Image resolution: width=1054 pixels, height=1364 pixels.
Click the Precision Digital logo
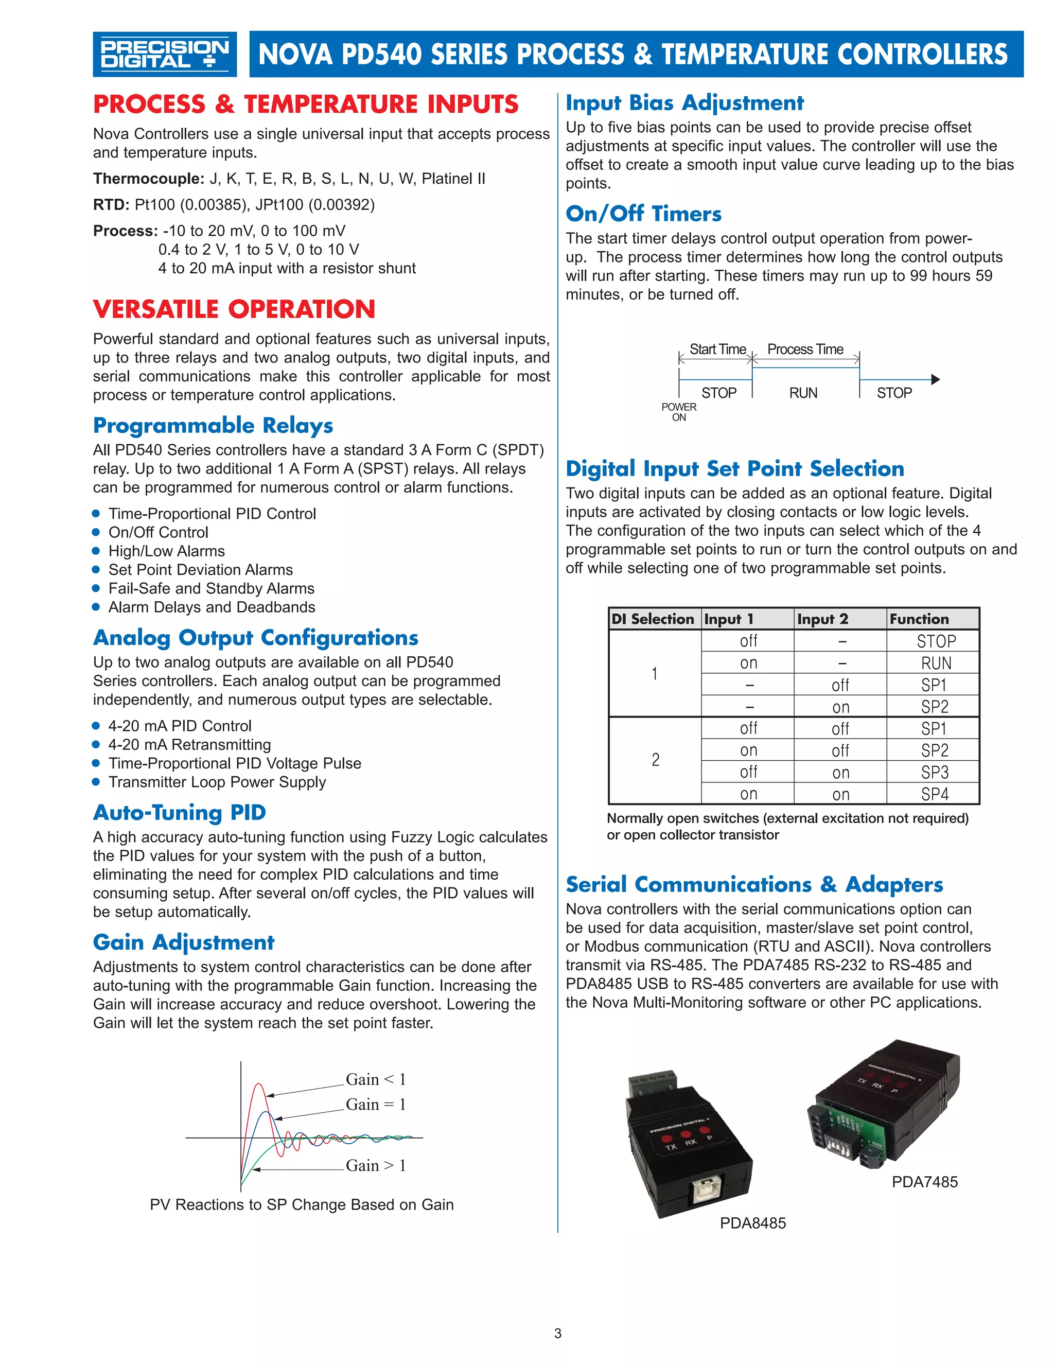[164, 55]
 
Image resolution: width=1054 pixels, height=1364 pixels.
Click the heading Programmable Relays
[213, 425]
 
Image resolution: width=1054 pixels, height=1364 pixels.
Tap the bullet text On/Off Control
[158, 532]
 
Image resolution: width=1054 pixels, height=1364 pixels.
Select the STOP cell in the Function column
[935, 641]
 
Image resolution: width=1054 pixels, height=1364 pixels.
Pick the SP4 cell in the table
[934, 794]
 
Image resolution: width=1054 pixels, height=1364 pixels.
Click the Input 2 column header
[822, 619]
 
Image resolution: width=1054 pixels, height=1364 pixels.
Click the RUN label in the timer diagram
[803, 393]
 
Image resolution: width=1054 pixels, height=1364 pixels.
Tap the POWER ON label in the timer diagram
[679, 412]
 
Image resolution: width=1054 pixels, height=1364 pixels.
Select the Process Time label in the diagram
[805, 349]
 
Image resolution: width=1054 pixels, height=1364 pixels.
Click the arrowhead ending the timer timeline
[935, 380]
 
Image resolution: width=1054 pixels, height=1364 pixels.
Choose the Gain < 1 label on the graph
[376, 1079]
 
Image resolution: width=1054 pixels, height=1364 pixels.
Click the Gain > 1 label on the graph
[376, 1165]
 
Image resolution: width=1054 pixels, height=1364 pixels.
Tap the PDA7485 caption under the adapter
[924, 1182]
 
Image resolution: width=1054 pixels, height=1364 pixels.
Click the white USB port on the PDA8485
[708, 1192]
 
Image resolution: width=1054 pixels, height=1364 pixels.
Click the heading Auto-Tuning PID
[180, 813]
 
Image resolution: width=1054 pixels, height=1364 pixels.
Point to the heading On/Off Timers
[643, 214]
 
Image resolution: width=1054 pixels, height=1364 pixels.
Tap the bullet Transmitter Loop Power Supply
[217, 782]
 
